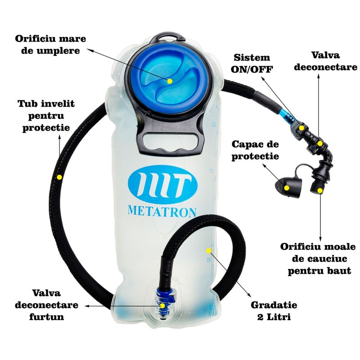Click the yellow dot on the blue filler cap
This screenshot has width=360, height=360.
coord(170,81)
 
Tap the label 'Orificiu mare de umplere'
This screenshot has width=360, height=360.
coord(50,45)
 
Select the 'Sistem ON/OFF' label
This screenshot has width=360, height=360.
coord(252,63)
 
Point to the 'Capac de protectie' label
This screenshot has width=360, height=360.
coord(255,150)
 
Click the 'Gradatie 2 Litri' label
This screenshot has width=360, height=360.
coord(274,311)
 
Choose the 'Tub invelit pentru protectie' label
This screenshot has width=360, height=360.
coord(46,116)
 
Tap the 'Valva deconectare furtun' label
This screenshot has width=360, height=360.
coord(47,305)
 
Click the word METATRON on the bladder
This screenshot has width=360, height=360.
coord(162,211)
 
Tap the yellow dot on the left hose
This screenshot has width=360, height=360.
coord(59,177)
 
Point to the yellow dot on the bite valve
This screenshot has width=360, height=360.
coord(320,190)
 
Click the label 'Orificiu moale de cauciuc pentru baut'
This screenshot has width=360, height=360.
coord(318,259)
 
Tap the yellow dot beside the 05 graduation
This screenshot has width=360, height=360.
coord(208,251)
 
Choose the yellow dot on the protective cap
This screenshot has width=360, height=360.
coord(287,188)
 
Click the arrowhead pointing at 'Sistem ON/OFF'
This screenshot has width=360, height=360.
coord(263,78)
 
